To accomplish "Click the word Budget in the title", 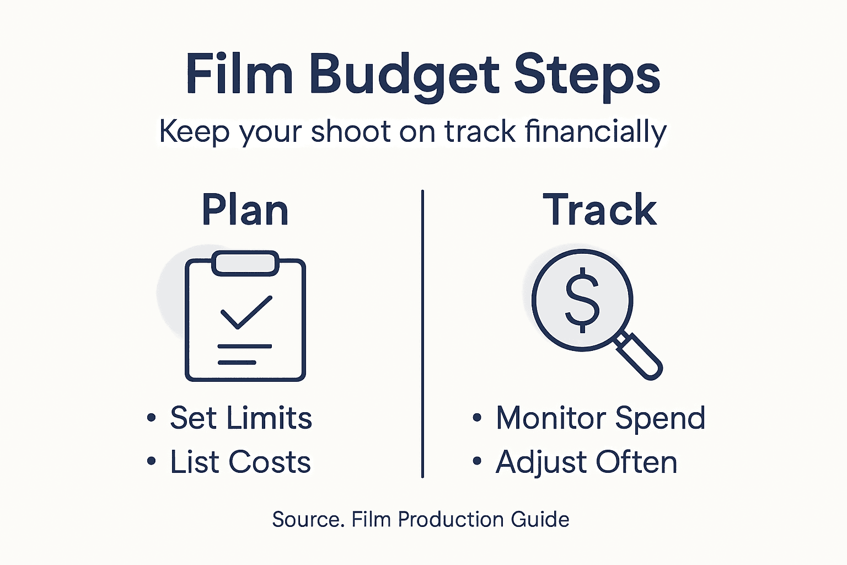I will point(404,75).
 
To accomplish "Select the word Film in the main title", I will point(239,74).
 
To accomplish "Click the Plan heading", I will point(245,210).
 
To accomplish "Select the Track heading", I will point(600,210).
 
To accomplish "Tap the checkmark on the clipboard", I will point(246,312).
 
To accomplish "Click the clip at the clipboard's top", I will point(245,263).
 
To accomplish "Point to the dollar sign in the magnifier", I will point(582,300).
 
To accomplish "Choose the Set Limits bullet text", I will point(241,418).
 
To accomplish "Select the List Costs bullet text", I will point(240,462).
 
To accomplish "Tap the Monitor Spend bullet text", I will point(601,418).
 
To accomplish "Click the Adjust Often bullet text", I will point(586,462).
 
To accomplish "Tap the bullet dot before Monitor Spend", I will point(477,418).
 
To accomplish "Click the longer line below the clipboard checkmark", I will point(245,347).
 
